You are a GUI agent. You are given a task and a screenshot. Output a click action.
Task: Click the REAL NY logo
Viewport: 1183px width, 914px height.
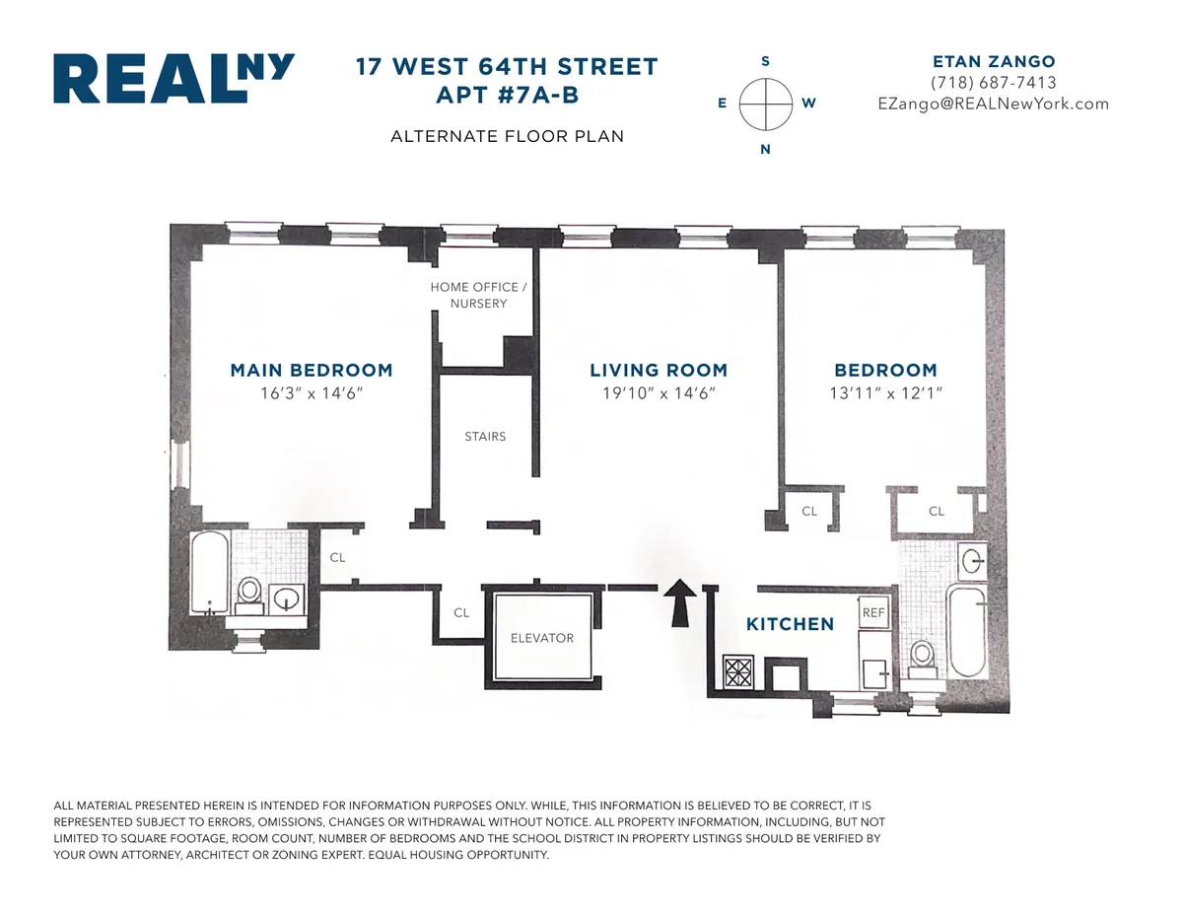click(174, 80)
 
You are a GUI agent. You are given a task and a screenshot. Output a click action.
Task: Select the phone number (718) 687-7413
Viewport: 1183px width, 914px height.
click(993, 83)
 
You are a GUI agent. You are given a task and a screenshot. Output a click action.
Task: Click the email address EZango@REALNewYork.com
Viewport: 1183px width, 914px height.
click(993, 104)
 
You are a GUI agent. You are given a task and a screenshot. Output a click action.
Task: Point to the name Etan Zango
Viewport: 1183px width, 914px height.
click(993, 61)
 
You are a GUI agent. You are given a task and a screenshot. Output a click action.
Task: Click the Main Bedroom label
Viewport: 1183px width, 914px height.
click(312, 371)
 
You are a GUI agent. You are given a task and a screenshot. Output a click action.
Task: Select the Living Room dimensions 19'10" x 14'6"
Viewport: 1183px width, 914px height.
click(659, 393)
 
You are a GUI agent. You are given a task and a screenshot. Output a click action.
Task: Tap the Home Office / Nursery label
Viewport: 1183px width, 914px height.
click(479, 295)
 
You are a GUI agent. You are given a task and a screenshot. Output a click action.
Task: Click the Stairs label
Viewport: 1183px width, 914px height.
click(485, 436)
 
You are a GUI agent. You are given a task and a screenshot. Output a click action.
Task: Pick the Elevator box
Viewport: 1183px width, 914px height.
click(541, 638)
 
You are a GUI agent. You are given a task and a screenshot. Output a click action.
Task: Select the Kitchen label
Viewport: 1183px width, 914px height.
click(790, 624)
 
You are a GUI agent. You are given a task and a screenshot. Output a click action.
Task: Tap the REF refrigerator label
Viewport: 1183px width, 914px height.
click(873, 612)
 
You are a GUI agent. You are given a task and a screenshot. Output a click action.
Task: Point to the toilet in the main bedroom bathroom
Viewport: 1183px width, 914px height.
click(249, 593)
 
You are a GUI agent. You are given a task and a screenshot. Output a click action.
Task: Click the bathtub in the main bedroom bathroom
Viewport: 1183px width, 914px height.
click(209, 574)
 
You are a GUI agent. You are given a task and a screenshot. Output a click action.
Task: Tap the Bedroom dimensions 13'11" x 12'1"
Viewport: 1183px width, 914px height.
click(885, 393)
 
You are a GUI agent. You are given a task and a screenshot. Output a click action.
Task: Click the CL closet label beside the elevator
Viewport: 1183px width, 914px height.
click(461, 612)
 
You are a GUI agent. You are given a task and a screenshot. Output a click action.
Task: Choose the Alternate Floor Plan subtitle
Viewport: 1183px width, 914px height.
click(507, 136)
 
